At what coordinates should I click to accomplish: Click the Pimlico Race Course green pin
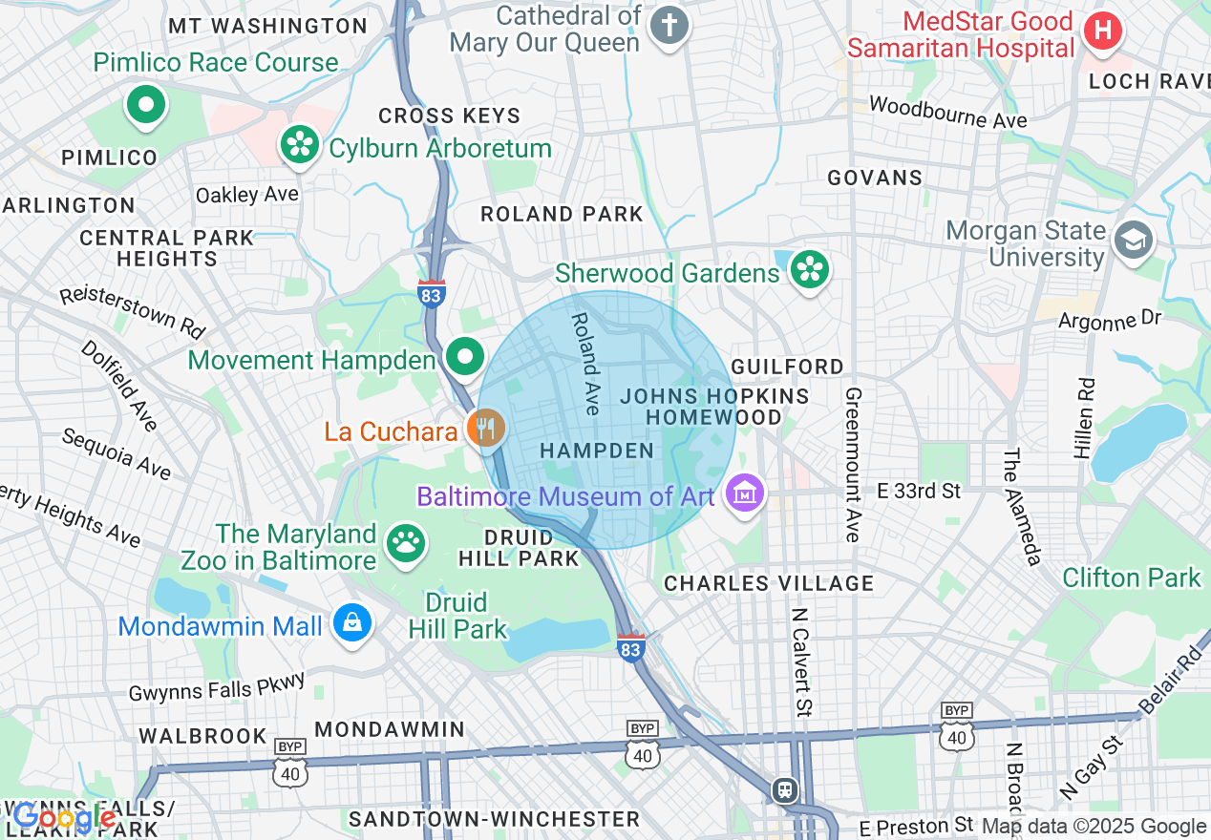click(x=146, y=105)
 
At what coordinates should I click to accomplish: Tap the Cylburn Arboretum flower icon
click(x=301, y=145)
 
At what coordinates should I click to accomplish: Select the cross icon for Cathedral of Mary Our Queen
click(x=669, y=26)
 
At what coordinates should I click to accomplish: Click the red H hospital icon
click(x=1103, y=31)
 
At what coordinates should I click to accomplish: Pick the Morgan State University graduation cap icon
click(x=1134, y=241)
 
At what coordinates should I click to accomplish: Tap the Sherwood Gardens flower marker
click(x=810, y=271)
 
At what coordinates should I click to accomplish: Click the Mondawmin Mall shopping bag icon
click(x=352, y=624)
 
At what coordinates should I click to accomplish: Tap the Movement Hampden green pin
click(x=465, y=358)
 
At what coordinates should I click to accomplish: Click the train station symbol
click(x=785, y=790)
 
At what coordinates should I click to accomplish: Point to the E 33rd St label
click(x=919, y=491)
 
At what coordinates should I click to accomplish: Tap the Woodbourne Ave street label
click(x=947, y=112)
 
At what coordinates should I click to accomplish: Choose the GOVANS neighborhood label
click(x=875, y=178)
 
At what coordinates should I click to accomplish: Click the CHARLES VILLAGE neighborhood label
click(x=769, y=583)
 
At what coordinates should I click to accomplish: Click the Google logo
click(x=64, y=817)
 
